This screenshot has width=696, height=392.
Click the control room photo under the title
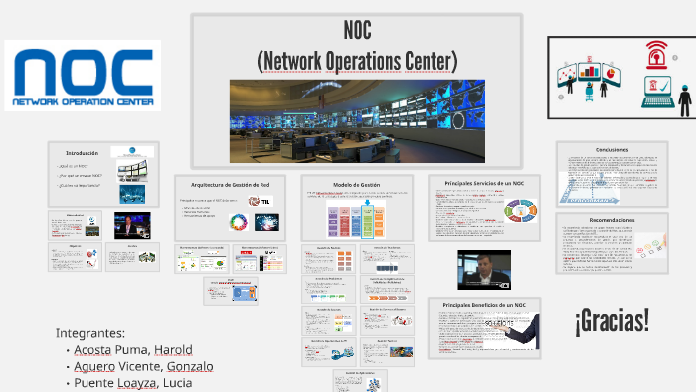tap(356, 119)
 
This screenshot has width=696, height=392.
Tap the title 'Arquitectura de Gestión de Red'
tap(236, 185)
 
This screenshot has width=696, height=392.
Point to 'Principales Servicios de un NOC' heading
tap(484, 184)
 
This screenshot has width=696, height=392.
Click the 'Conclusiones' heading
tap(611, 149)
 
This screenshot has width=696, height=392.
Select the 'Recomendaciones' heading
tap(611, 220)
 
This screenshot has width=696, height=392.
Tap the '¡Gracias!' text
tap(611, 320)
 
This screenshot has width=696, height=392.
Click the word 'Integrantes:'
tap(90, 332)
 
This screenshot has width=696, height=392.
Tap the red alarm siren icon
tap(655, 51)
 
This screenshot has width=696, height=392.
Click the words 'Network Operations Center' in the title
tap(357, 61)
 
